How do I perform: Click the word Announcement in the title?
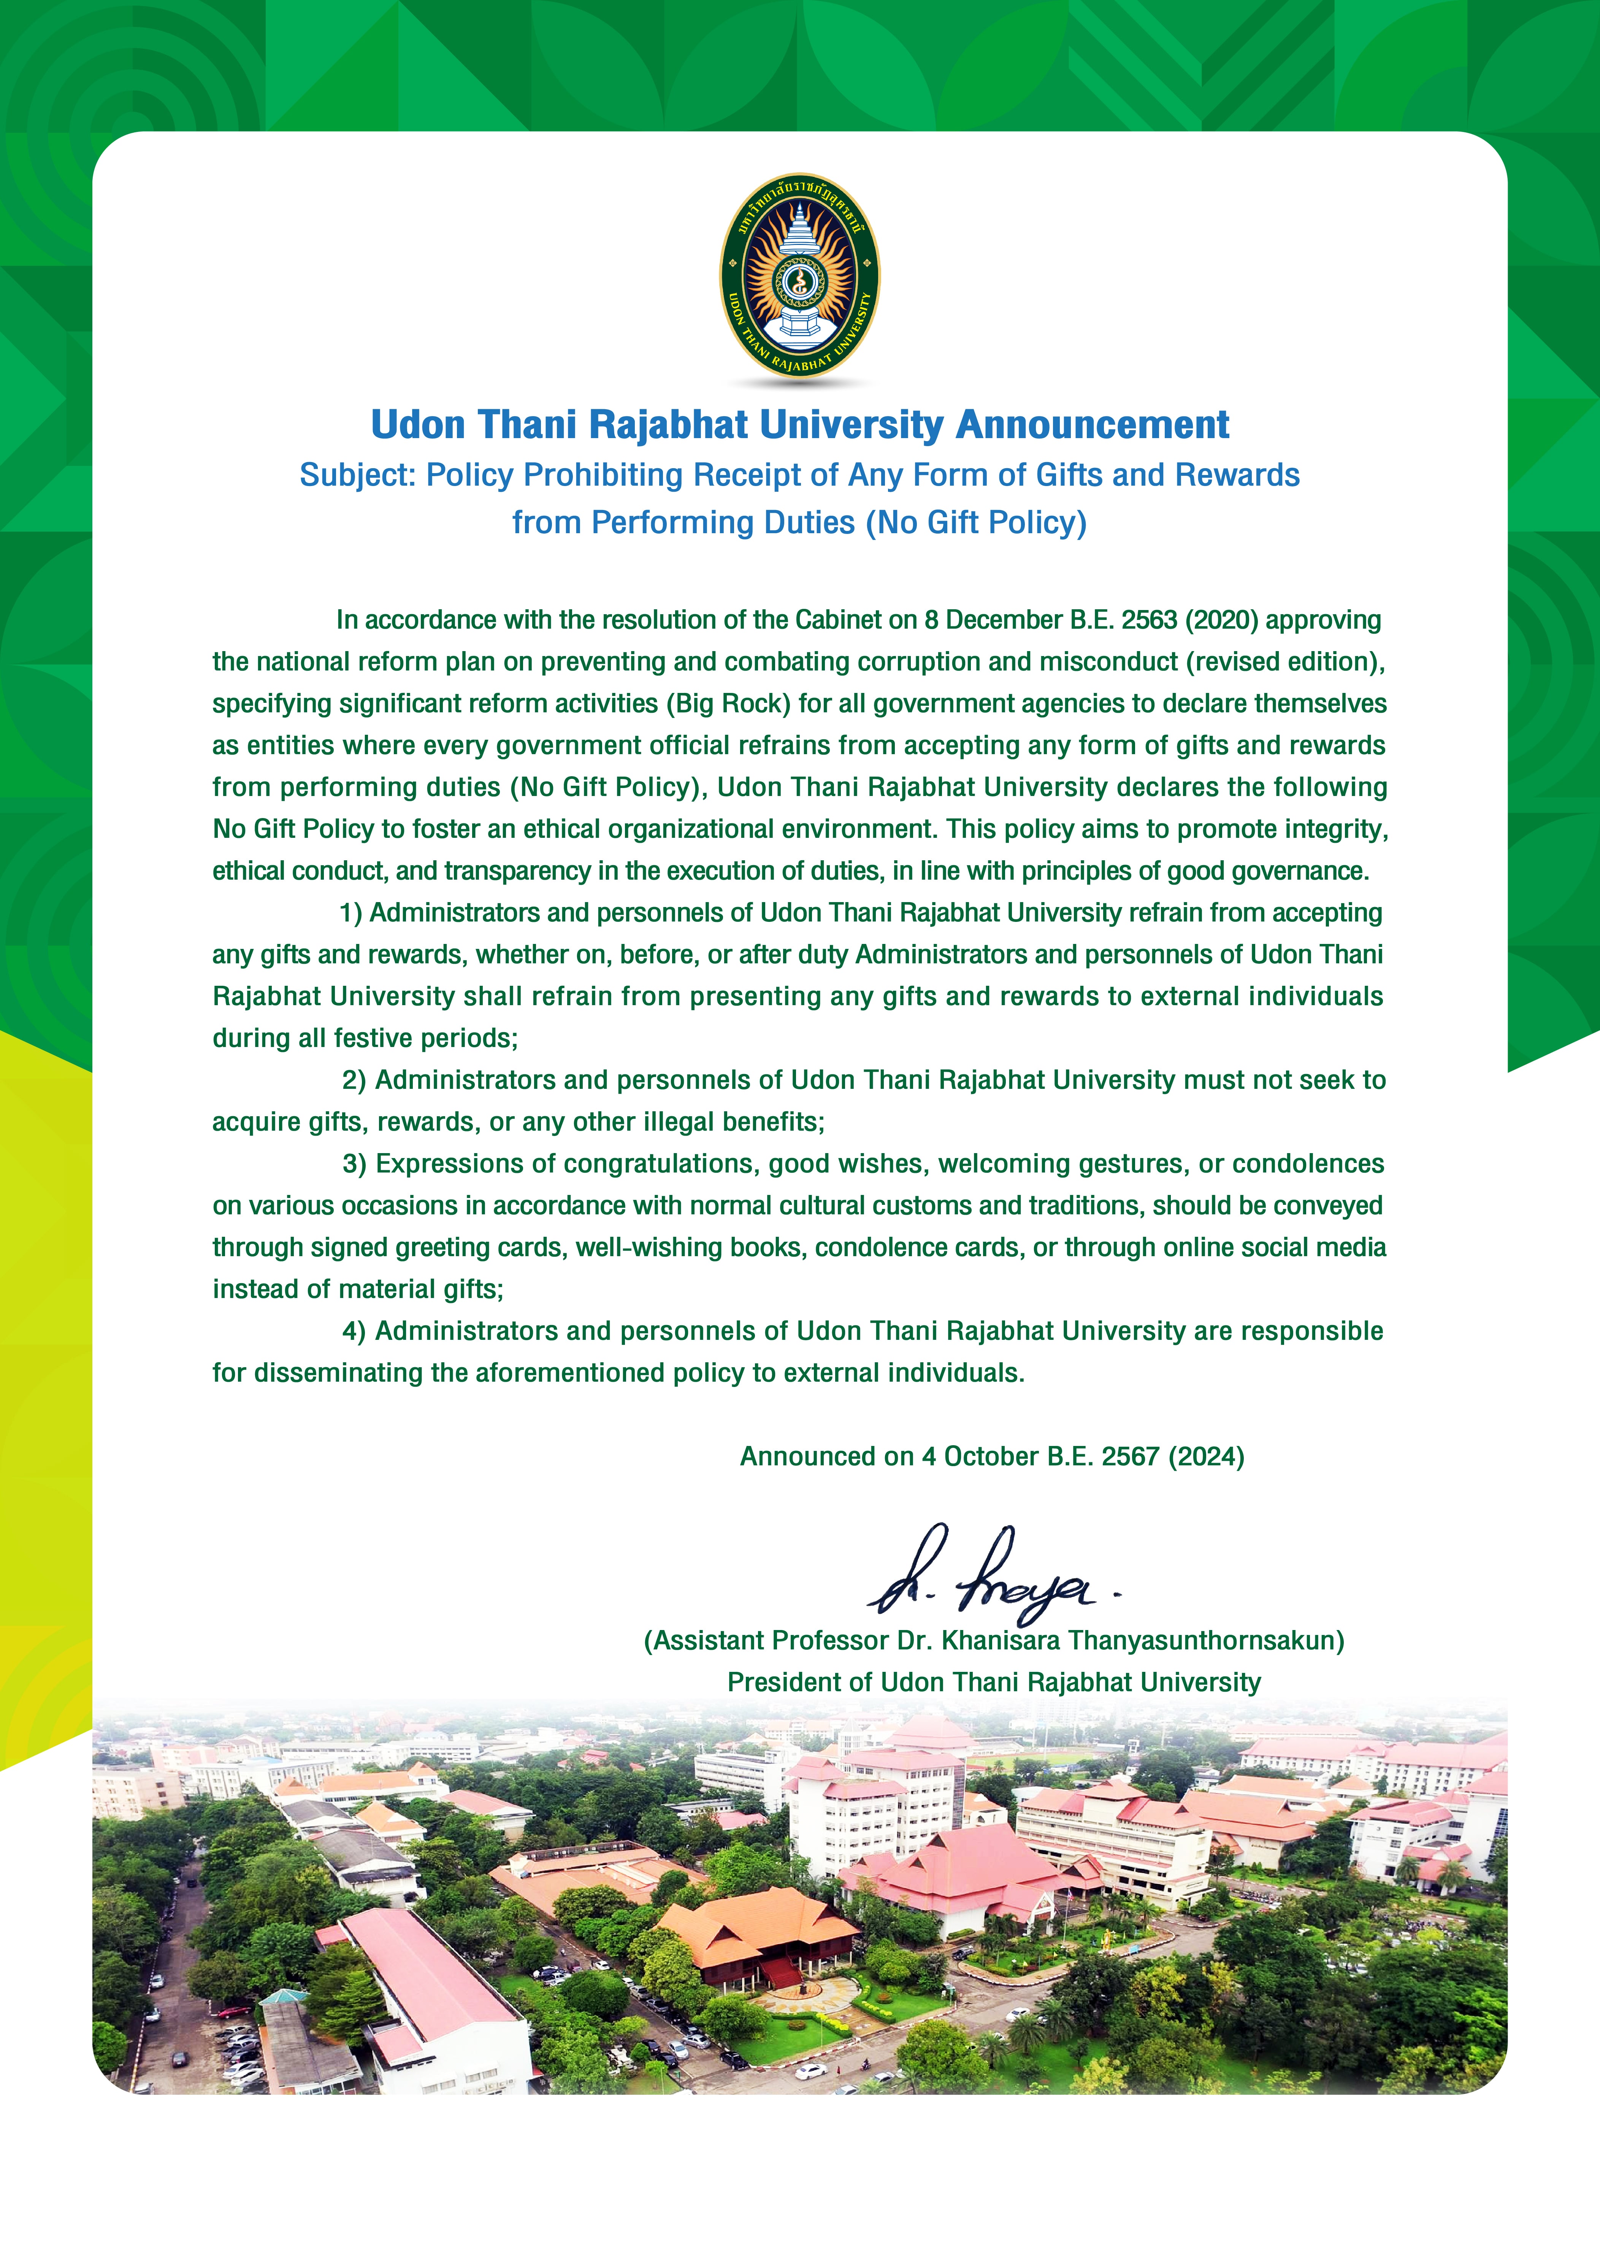1092,425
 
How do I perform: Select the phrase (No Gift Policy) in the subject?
976,523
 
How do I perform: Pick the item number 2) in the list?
354,1081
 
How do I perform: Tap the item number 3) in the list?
354,1165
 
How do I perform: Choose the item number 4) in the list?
354,1331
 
